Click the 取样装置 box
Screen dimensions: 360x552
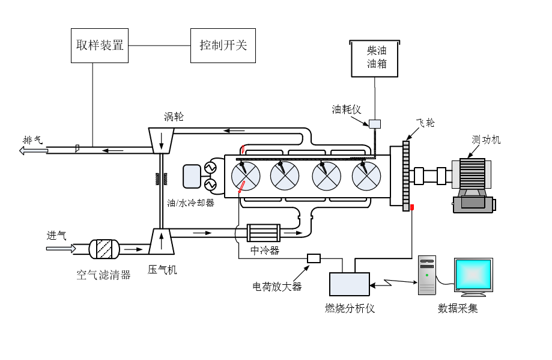[100, 45]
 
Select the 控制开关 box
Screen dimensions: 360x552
[223, 45]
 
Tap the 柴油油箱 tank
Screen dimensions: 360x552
[375, 58]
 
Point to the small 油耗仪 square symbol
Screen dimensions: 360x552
[375, 124]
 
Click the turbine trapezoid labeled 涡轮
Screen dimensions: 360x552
[161, 140]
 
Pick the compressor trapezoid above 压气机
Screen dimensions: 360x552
[161, 242]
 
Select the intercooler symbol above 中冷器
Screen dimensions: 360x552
[264, 233]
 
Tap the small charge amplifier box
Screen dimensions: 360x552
[314, 258]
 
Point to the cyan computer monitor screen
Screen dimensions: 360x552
[473, 275]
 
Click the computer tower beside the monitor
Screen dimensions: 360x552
[427, 275]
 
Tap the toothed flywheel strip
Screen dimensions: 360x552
[406, 174]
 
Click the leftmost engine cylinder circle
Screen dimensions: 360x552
[246, 175]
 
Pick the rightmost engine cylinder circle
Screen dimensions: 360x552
[366, 175]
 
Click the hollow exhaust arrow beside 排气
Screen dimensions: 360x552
[33, 150]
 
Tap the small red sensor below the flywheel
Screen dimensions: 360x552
[412, 208]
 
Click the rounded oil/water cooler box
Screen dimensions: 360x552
[193, 175]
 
